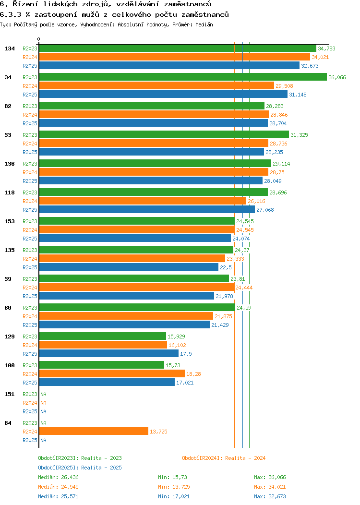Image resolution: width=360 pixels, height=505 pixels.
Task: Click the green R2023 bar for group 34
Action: pos(182,77)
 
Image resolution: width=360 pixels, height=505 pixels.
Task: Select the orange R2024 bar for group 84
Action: pos(94,431)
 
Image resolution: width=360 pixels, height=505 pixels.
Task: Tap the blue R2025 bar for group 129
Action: pos(108,353)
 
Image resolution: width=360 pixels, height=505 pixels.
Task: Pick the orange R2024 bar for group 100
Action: pos(112,373)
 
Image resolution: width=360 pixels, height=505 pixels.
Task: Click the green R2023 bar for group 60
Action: pos(137,307)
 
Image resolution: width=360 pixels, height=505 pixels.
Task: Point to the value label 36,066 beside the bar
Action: pos(337,77)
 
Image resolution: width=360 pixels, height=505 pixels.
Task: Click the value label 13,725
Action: pos(158,432)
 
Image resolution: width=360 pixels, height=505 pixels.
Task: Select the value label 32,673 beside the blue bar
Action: pos(310,66)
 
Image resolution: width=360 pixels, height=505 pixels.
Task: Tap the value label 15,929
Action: pos(176,337)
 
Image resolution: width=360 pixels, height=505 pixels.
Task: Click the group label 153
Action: pos(9,221)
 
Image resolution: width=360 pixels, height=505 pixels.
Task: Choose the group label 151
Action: pos(9,394)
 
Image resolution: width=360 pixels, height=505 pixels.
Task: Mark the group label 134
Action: pos(9,48)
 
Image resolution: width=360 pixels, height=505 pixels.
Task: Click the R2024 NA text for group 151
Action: pos(43,403)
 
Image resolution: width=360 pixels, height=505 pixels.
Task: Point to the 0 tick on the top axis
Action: pos(39,39)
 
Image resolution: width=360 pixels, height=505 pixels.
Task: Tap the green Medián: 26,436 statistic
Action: pos(58,477)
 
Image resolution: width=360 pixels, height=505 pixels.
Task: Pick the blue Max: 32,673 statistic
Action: pos(270,496)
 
